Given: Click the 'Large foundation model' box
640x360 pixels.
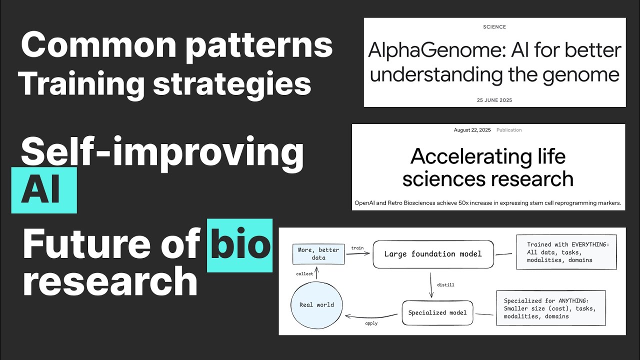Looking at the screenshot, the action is click(x=433, y=254).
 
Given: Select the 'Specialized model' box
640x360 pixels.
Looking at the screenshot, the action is click(x=437, y=312).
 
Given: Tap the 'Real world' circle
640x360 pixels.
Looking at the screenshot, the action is click(x=316, y=305).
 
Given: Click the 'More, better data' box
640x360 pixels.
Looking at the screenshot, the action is click(x=318, y=253).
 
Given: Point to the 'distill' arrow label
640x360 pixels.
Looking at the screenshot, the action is click(x=445, y=285).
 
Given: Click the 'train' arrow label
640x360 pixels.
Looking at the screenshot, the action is click(x=357, y=248).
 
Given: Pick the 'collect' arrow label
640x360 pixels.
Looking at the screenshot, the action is click(x=304, y=273).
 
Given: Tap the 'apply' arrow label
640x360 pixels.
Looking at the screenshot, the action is click(x=371, y=323).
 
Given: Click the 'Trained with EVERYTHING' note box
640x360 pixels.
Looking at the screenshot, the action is click(x=566, y=252).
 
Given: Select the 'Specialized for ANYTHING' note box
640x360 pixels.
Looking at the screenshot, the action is click(x=551, y=308).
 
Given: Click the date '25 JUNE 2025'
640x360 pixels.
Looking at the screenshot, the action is click(x=494, y=100).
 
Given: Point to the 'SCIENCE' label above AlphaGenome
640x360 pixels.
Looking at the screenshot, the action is click(x=494, y=27).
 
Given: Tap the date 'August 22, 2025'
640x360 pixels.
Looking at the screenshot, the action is click(x=472, y=130).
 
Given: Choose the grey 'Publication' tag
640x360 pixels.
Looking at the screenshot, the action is click(x=509, y=130).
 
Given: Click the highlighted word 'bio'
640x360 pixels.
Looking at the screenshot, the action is click(x=240, y=244).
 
